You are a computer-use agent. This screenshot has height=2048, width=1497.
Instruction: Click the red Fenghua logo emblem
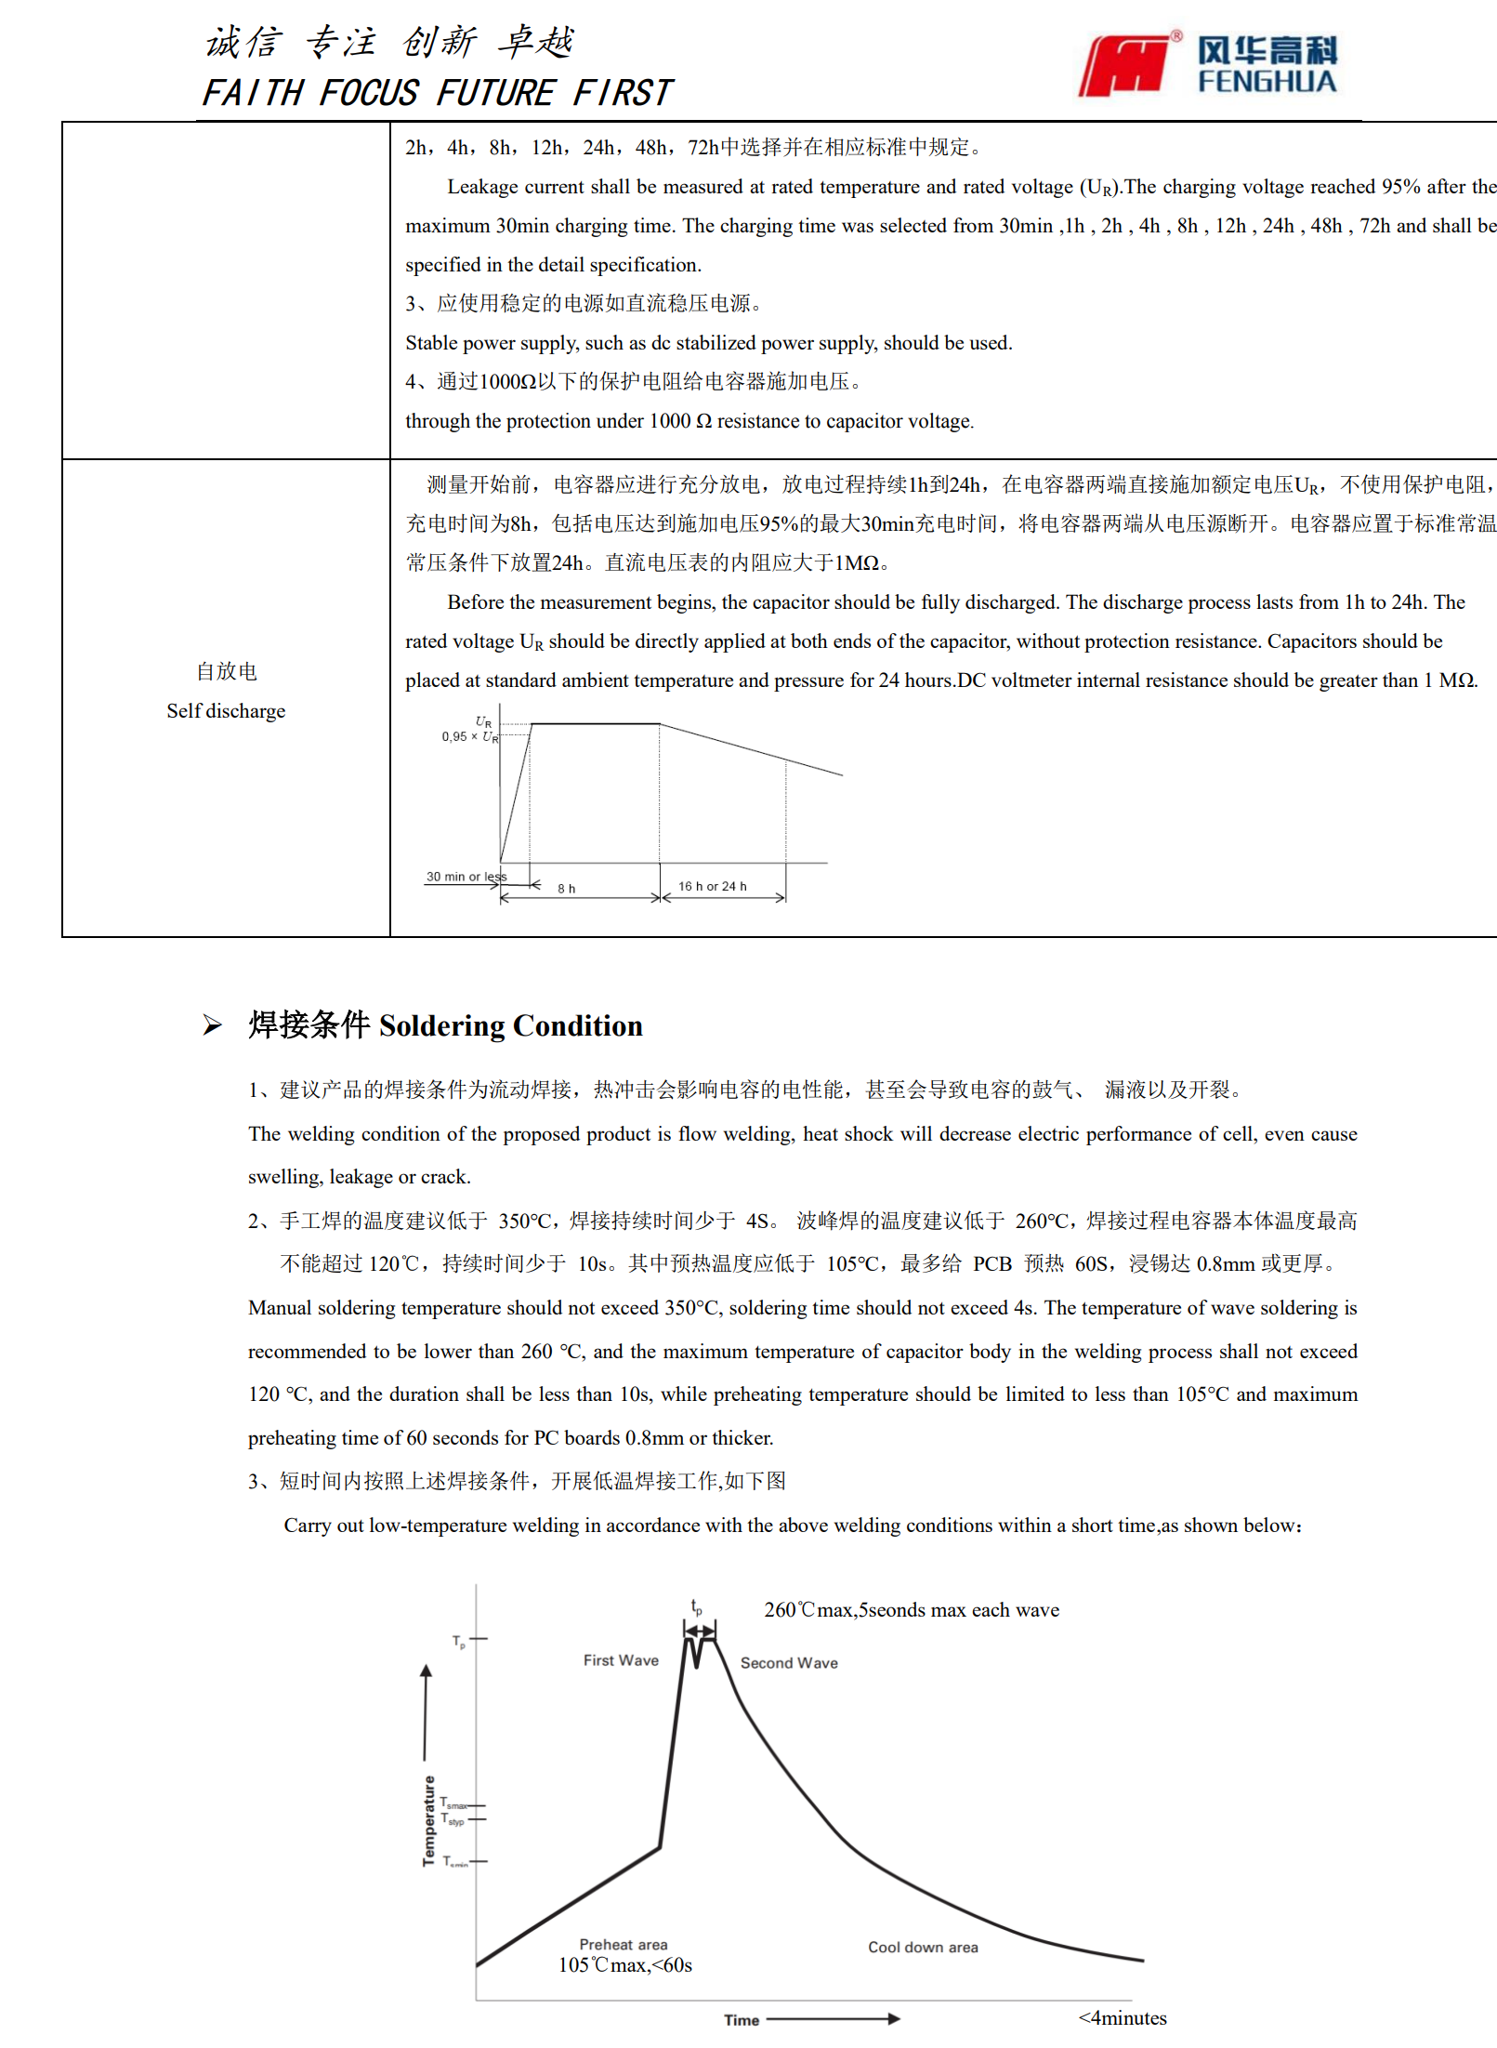(x=1125, y=66)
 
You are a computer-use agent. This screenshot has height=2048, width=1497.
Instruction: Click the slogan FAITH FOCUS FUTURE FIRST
(x=437, y=93)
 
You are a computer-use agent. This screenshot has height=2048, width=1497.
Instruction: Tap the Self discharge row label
(x=226, y=711)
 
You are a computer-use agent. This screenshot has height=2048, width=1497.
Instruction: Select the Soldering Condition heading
(x=445, y=1025)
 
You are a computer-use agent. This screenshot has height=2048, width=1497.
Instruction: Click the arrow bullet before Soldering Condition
(x=213, y=1025)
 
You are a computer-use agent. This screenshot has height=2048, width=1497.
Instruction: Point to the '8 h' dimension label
(x=566, y=889)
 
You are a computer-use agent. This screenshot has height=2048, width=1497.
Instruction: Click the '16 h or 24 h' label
(x=712, y=886)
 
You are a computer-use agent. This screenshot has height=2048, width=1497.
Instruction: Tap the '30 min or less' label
(x=466, y=877)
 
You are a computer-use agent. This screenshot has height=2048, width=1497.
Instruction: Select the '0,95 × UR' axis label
(x=469, y=736)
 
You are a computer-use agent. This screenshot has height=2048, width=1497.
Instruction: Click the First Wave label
(x=621, y=1660)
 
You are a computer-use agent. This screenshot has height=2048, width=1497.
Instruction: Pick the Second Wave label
(x=789, y=1663)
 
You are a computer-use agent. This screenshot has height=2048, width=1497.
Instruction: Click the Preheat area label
(x=623, y=1944)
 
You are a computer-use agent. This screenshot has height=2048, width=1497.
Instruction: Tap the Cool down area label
(x=923, y=1947)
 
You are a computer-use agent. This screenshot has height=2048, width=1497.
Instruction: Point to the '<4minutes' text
(x=1122, y=2017)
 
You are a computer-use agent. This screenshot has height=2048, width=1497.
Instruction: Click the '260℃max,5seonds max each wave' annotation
(x=911, y=1610)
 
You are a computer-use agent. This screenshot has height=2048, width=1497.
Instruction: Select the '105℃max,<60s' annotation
(x=624, y=1965)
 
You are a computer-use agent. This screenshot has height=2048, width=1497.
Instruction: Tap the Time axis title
(x=742, y=2020)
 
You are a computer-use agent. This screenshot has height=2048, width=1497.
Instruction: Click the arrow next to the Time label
(x=834, y=2019)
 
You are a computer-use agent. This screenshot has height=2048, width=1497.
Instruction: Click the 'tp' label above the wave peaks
(x=696, y=1606)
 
